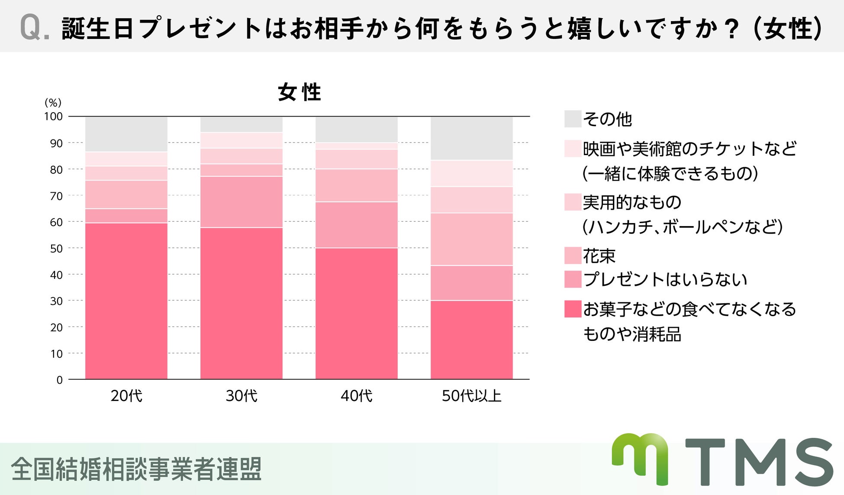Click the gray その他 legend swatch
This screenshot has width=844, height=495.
tap(573, 119)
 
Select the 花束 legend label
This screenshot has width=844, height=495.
tap(599, 256)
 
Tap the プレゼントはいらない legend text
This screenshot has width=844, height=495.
tap(665, 279)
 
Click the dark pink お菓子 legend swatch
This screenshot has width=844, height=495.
tap(573, 309)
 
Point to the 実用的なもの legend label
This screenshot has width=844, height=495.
tap(632, 202)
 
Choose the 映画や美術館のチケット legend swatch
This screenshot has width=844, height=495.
tap(573, 149)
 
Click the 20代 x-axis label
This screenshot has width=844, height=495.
tap(126, 395)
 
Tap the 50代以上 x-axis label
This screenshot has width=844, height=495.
tap(471, 395)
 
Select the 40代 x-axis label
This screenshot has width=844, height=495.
tap(356, 395)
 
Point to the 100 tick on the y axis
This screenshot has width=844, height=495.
tap(53, 116)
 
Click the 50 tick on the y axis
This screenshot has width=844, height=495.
tap(56, 249)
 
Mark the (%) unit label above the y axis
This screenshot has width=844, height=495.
tap(53, 103)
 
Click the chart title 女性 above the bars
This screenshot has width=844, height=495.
tap(299, 92)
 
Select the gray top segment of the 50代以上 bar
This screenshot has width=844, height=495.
tap(471, 138)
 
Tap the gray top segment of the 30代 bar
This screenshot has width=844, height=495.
tap(241, 124)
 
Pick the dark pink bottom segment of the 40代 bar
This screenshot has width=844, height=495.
tap(356, 314)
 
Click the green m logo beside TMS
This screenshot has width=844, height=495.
tap(640, 458)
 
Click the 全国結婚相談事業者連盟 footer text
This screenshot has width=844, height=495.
tap(136, 469)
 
